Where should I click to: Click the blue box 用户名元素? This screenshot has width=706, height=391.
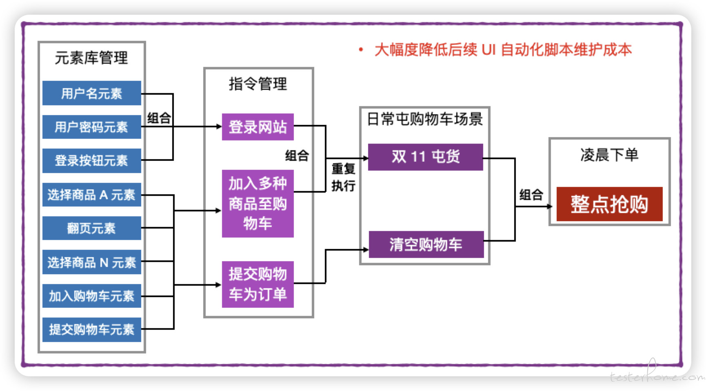(x=92, y=93)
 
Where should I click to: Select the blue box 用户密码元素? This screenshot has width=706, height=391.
(x=92, y=127)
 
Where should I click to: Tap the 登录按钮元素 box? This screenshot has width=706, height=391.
(x=92, y=160)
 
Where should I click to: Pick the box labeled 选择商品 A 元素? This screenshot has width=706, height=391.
(x=92, y=195)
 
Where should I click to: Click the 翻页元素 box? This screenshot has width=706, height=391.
(x=92, y=228)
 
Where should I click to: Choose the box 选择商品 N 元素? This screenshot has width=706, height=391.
(x=92, y=262)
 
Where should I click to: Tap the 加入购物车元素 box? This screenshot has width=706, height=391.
(x=92, y=296)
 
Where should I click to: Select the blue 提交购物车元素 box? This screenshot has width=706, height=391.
(x=92, y=329)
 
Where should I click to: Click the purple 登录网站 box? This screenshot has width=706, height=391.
(x=258, y=127)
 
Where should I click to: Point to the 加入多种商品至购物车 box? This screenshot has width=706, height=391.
(x=258, y=203)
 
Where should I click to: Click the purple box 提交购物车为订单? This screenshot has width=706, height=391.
(x=258, y=284)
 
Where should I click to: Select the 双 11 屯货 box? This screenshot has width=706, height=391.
(x=426, y=157)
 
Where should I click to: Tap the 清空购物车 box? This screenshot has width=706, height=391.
(x=426, y=244)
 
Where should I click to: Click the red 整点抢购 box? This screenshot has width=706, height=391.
(x=610, y=204)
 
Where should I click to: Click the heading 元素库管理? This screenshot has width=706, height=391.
(x=91, y=58)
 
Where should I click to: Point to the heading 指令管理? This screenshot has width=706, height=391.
(x=258, y=84)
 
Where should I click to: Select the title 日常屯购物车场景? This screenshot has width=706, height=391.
(x=425, y=119)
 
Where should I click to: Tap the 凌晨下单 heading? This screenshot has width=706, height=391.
(x=609, y=155)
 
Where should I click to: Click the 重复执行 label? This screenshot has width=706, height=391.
(x=343, y=177)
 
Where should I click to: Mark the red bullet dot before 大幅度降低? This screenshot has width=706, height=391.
(x=361, y=50)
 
